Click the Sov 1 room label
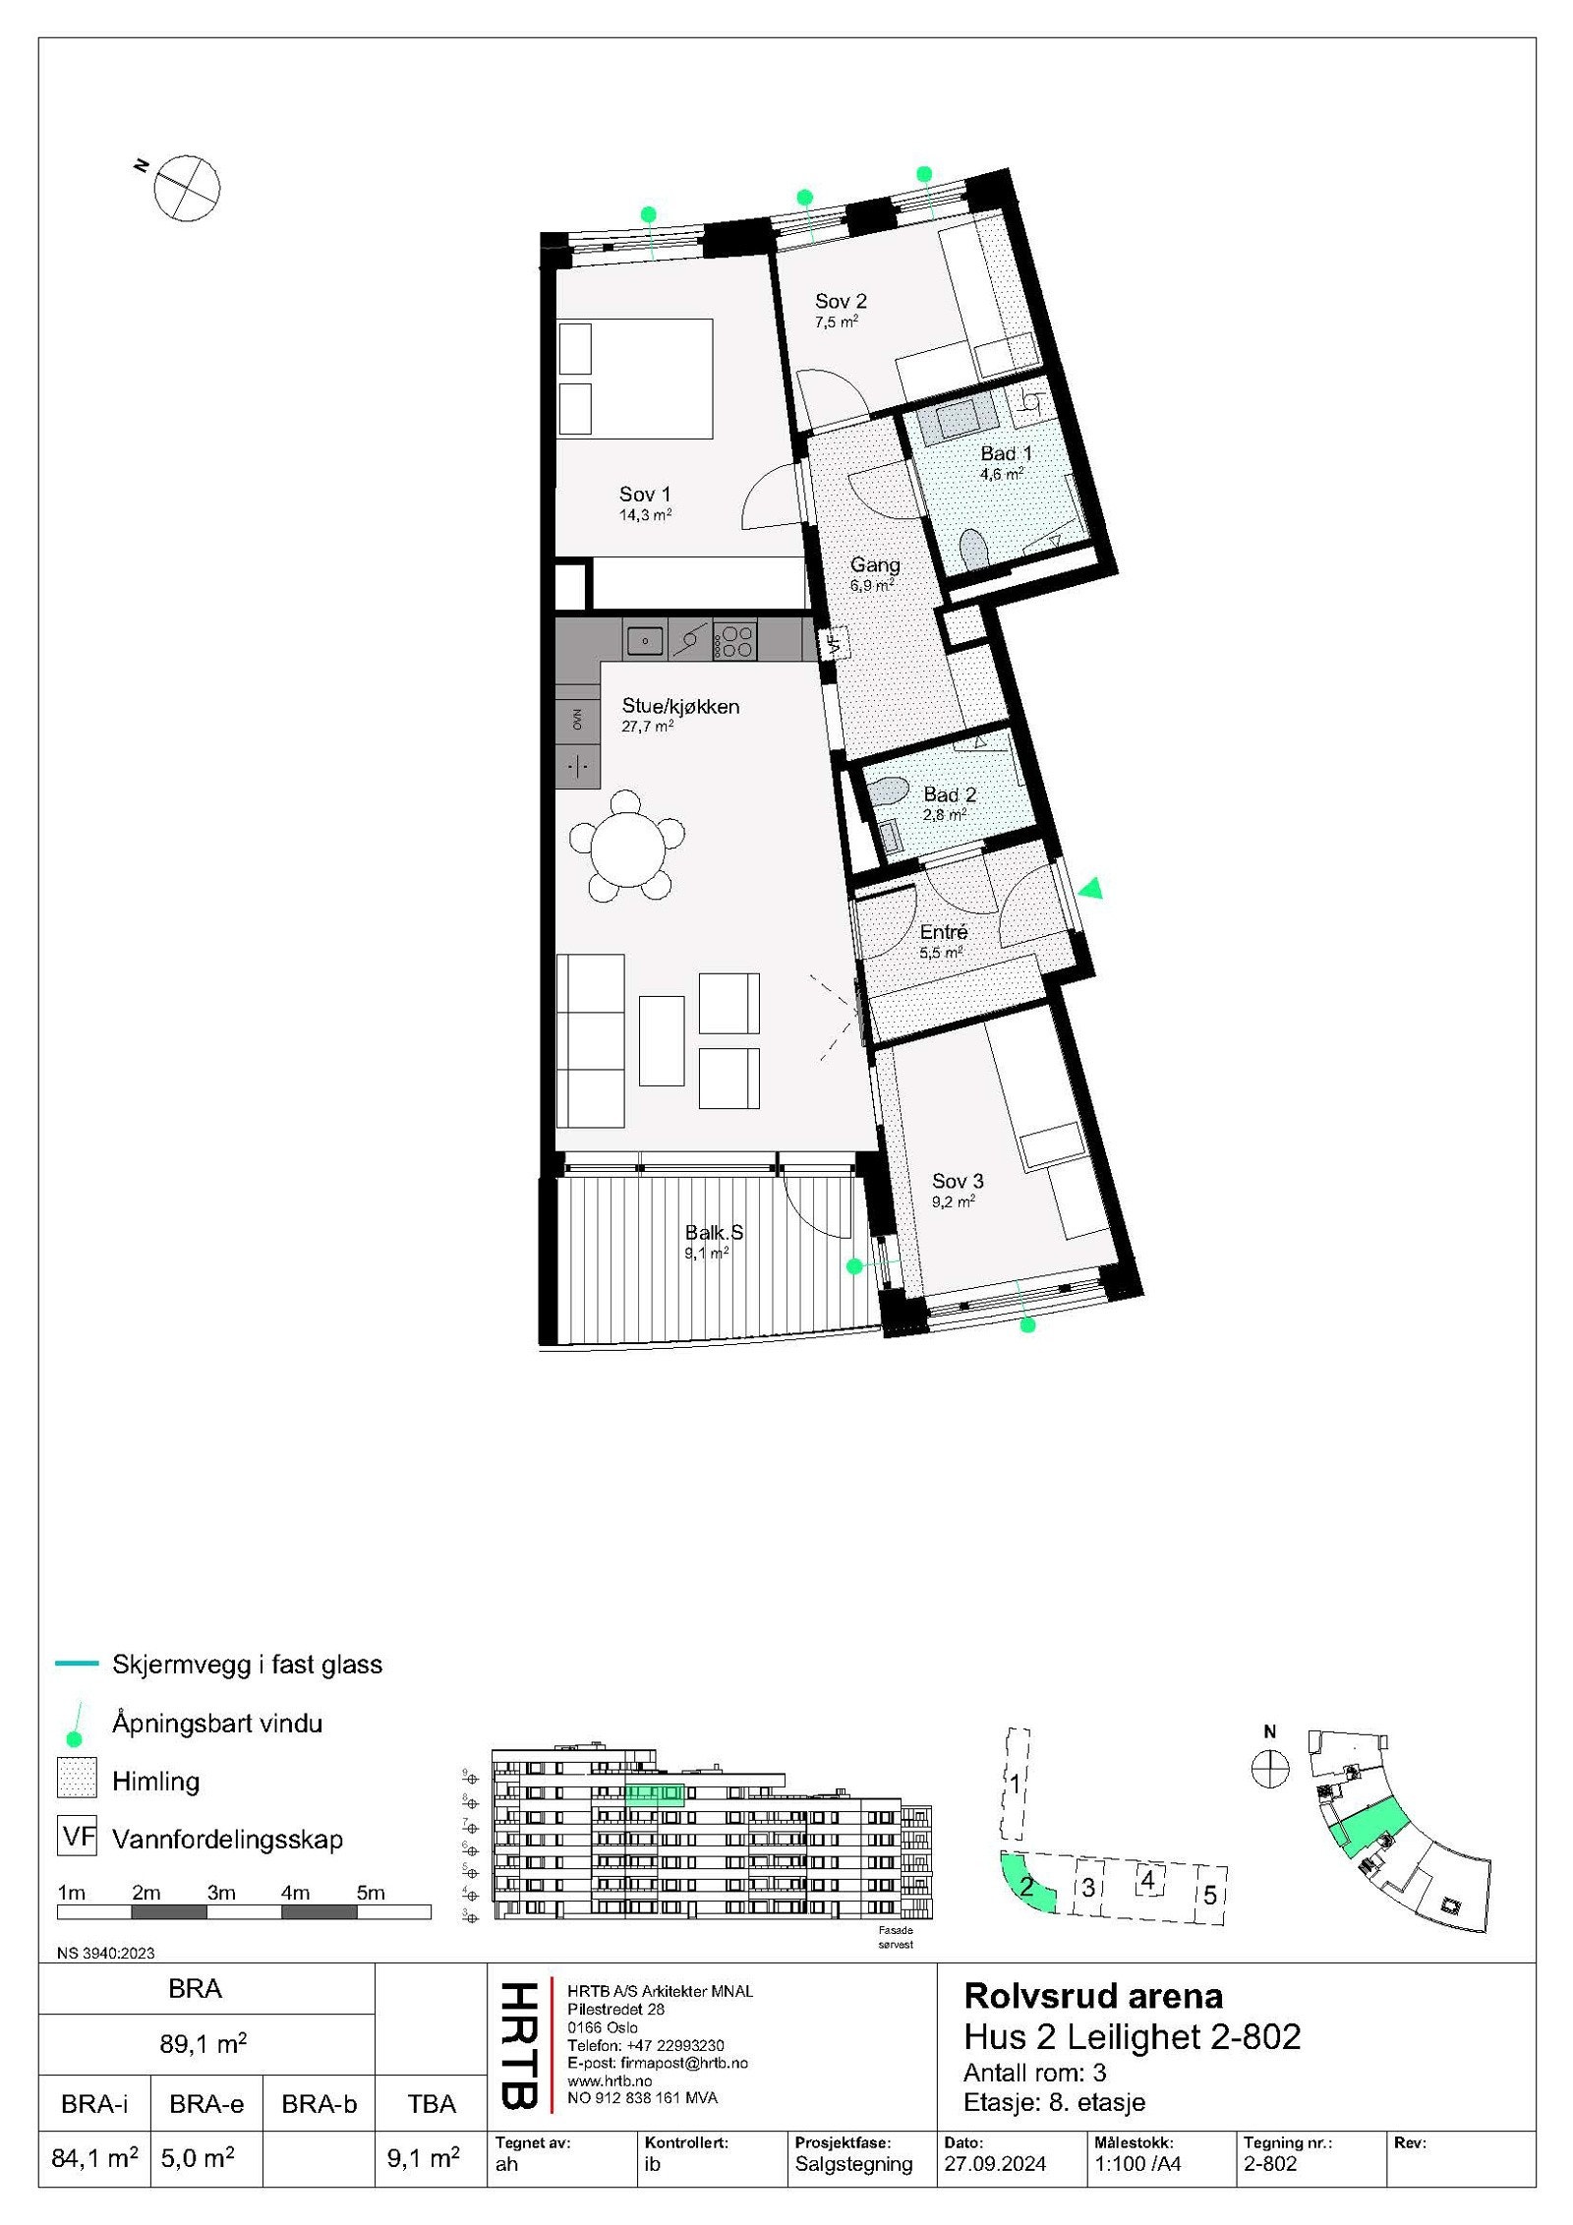645,495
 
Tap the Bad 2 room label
949,794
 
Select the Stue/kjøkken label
680,706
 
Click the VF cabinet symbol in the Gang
835,644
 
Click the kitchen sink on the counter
645,641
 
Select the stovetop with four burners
735,641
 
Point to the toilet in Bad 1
973,549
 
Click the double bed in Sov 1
635,379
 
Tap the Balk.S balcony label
714,1233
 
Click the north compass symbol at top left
186,187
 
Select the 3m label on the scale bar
221,1893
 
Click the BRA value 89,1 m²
204,2044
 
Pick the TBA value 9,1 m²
423,2158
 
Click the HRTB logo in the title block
519,2045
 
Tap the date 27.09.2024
995,2164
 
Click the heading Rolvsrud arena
1093,1996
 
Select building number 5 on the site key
1210,1895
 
